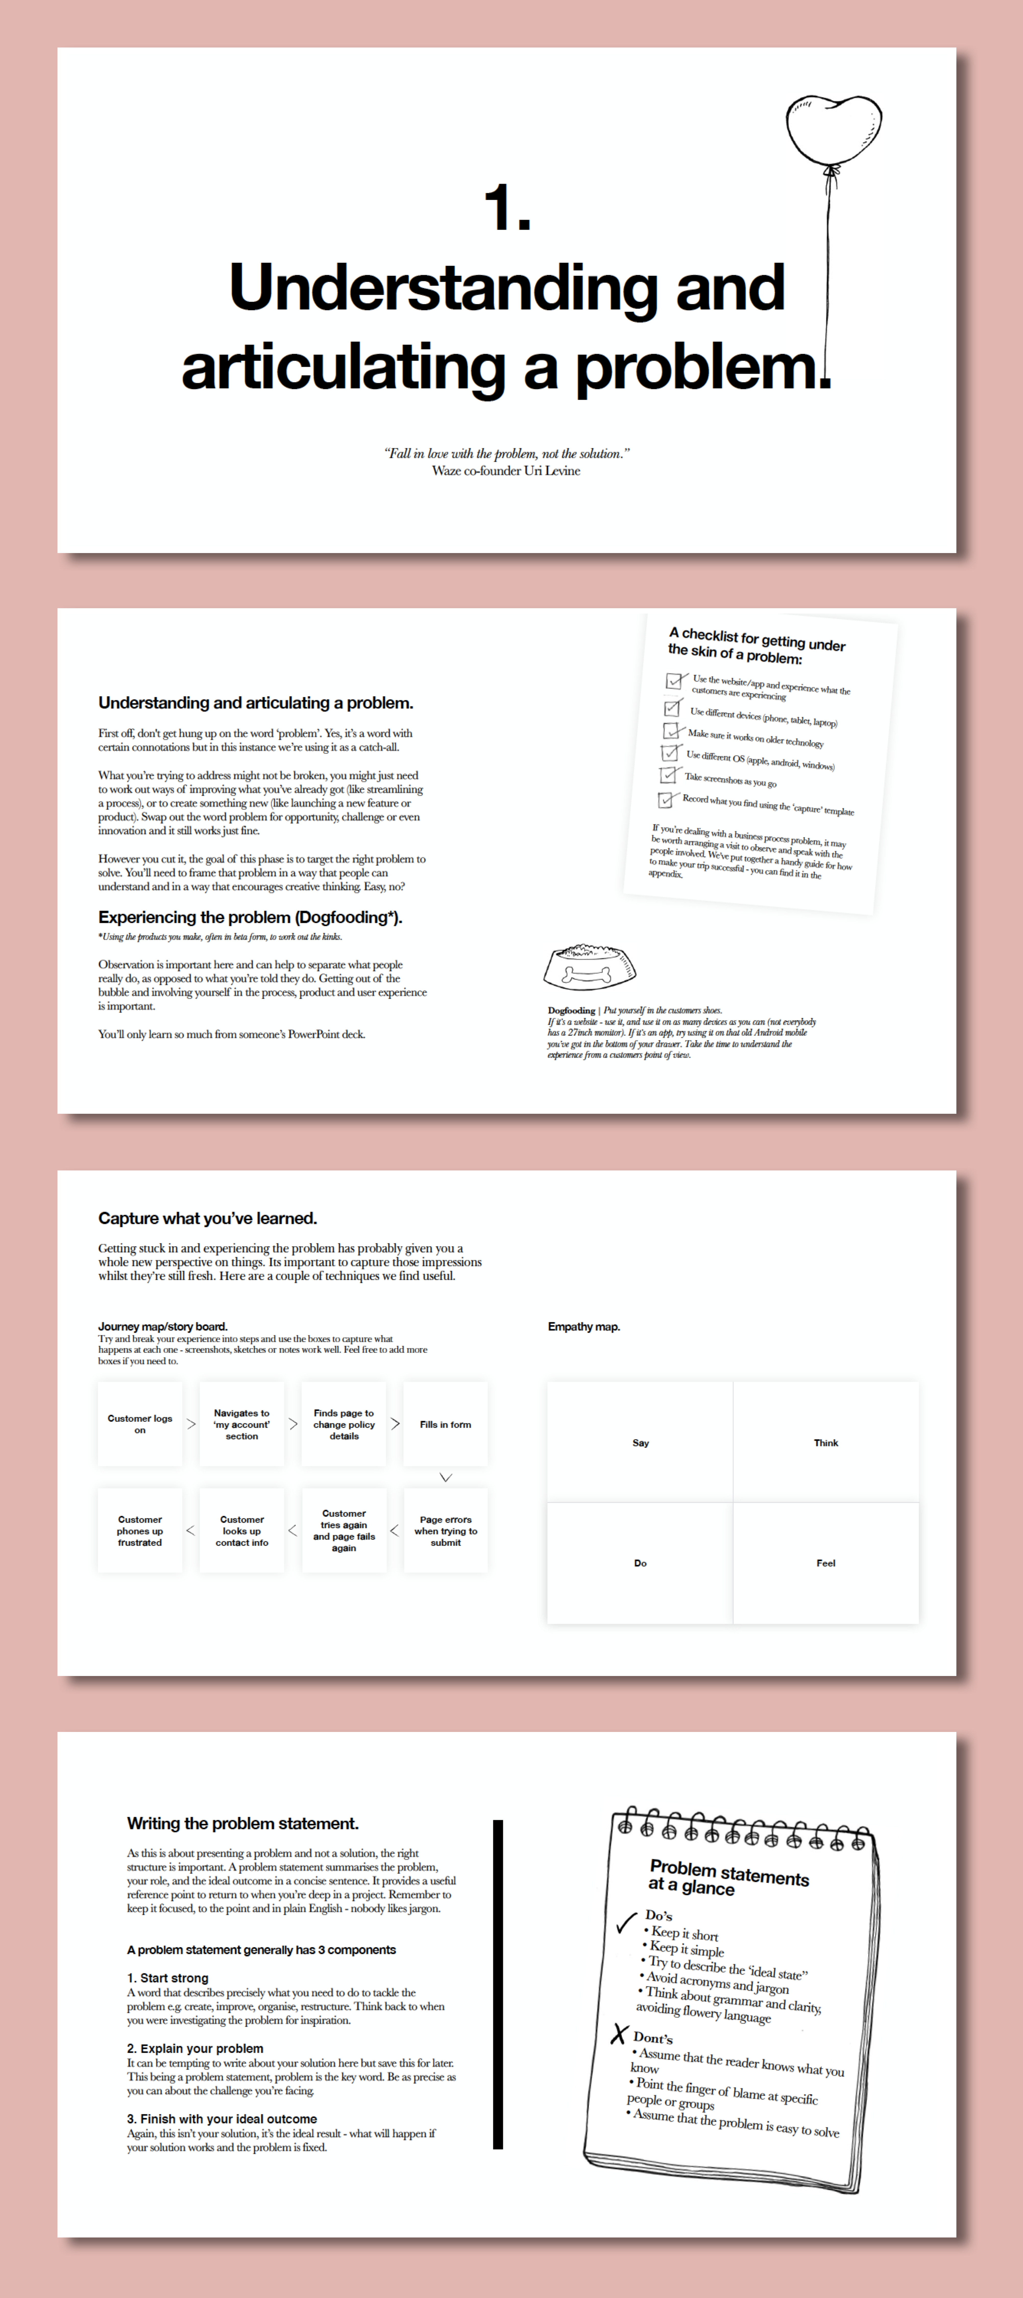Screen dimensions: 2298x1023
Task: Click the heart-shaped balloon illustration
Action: tap(833, 128)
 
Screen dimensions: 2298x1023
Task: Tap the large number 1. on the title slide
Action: tap(507, 208)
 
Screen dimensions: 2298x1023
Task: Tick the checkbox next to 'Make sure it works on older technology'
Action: tap(672, 731)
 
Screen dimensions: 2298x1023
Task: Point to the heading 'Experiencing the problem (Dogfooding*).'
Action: tap(250, 917)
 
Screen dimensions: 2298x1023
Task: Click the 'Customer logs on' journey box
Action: tap(140, 1424)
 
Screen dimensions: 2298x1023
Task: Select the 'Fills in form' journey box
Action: tap(445, 1424)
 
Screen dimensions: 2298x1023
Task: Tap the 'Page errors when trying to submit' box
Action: tap(445, 1531)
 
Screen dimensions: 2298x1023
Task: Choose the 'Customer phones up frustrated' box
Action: tap(140, 1531)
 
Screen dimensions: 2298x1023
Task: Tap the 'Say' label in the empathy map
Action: tap(640, 1442)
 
